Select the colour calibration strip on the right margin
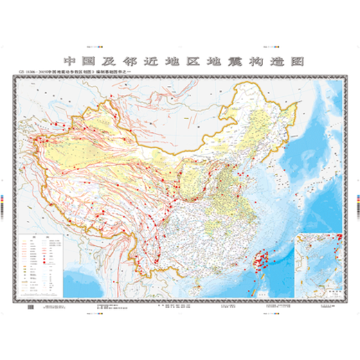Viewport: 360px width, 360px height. point(354,201)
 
